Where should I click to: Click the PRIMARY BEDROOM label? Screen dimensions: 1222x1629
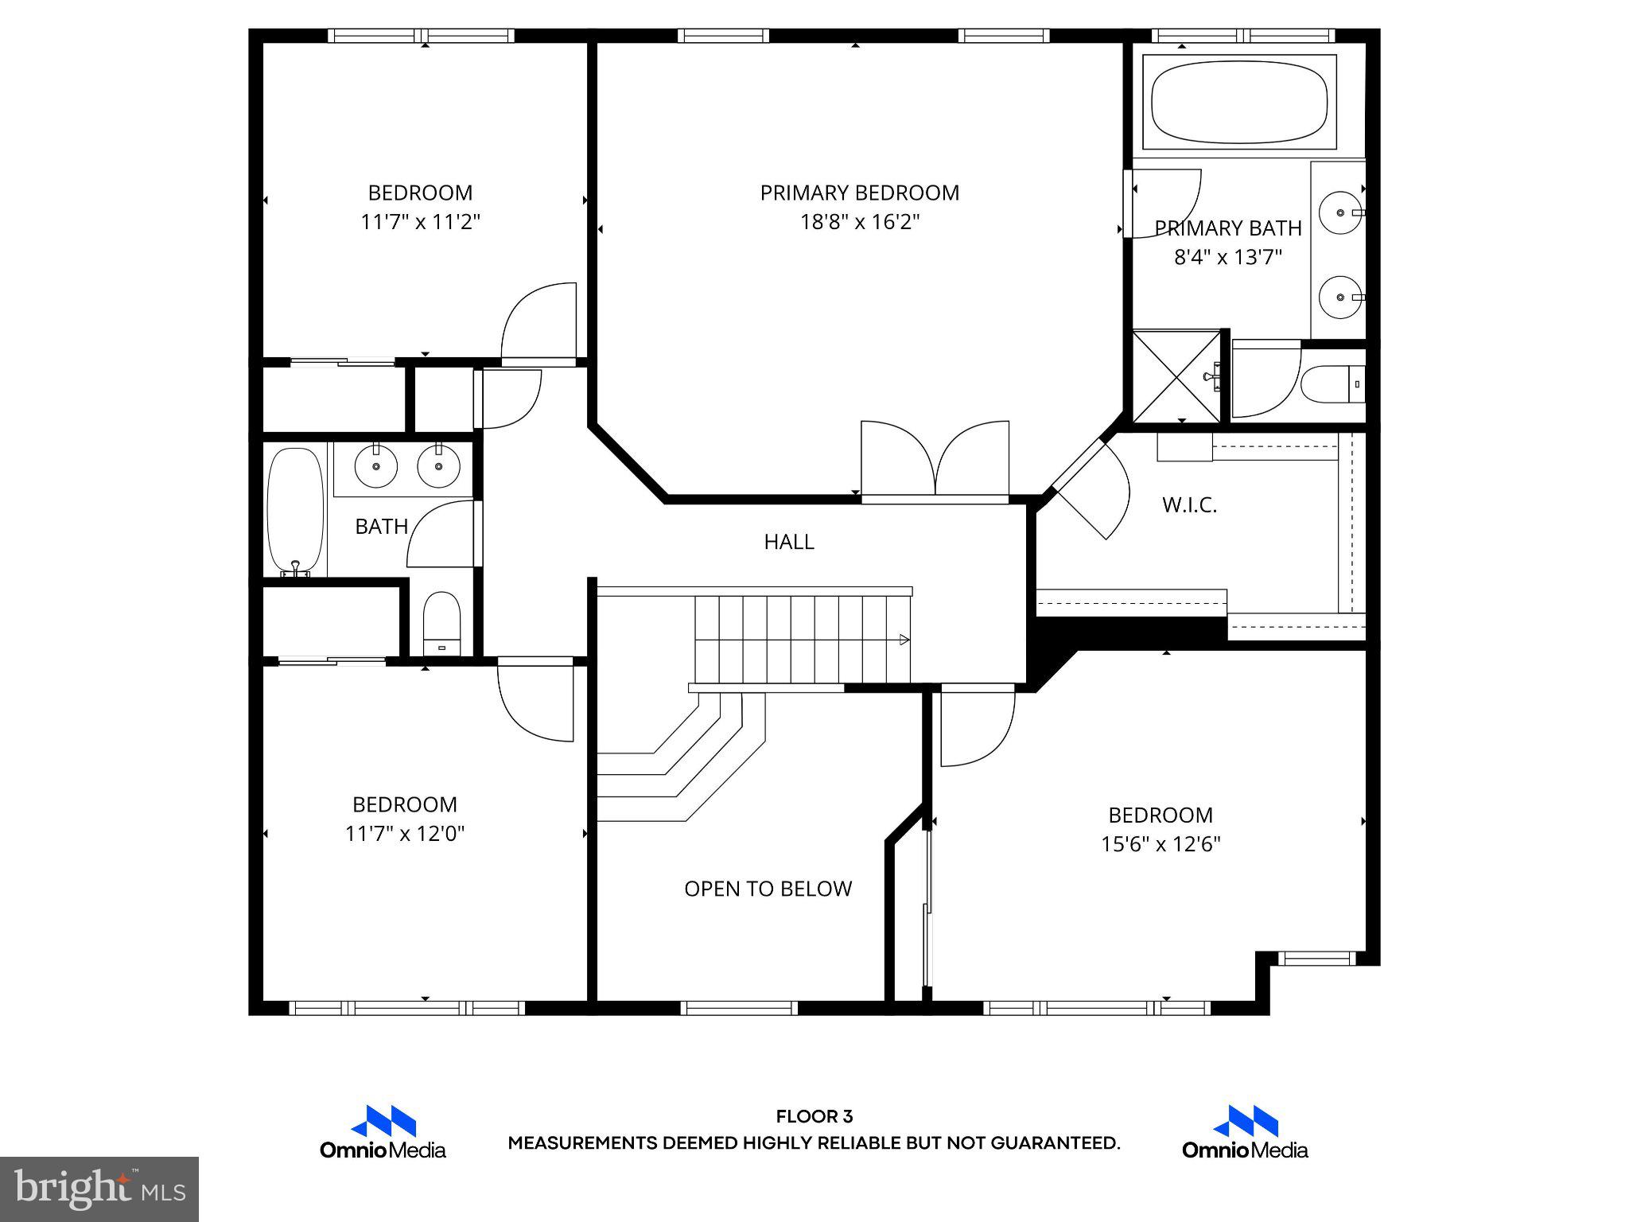click(859, 193)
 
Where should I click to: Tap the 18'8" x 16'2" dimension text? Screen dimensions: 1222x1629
click(859, 222)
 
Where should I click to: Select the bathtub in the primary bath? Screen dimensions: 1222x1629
click(1238, 101)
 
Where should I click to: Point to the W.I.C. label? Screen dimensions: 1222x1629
click(1189, 505)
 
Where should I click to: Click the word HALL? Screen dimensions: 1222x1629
click(788, 543)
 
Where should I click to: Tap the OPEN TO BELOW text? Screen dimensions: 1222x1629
click(768, 889)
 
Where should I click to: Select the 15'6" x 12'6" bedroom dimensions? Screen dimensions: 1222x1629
click(1160, 844)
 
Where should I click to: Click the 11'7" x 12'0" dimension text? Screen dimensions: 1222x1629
click(404, 834)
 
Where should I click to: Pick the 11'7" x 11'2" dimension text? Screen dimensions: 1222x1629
click(420, 222)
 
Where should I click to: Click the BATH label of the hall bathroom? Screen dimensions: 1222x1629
click(381, 527)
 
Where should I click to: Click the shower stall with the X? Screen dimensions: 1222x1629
click(1176, 376)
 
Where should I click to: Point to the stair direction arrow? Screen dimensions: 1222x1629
click(904, 639)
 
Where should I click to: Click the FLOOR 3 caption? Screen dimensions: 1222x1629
click(814, 1117)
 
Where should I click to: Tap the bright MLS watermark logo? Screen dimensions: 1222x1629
click(99, 1189)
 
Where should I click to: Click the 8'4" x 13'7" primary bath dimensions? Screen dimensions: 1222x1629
click(1228, 258)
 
